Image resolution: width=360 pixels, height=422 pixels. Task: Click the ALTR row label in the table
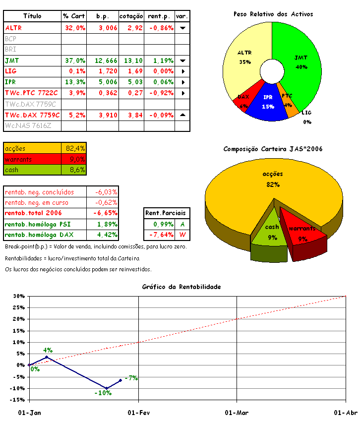coord(13,28)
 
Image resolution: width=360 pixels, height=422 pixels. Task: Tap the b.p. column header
coord(102,16)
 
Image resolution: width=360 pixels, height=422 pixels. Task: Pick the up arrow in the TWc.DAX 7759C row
coord(182,115)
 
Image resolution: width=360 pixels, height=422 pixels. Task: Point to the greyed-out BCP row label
coord(10,39)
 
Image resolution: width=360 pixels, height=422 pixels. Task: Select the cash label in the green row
coord(12,170)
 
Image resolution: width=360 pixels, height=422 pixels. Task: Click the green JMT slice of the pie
coord(302,64)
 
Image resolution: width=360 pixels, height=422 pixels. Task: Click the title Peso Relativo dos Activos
coord(273,14)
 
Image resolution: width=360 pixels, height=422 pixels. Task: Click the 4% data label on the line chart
coord(48,350)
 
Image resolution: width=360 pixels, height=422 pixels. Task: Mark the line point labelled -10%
coord(106,388)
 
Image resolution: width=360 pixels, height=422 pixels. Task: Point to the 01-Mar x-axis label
coord(237,413)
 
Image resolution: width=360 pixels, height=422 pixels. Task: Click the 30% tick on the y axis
coord(18,297)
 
